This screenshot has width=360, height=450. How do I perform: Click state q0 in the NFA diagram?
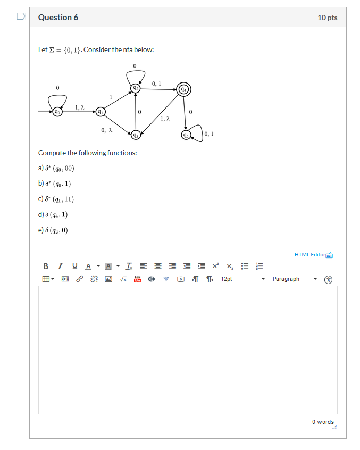point(56,112)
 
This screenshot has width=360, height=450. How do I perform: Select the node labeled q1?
point(99,112)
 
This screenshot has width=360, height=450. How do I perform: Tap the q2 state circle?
point(136,89)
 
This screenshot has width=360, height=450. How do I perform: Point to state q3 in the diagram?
point(136,135)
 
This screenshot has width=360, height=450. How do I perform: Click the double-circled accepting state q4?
point(183,89)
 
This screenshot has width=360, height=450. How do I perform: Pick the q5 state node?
point(185,135)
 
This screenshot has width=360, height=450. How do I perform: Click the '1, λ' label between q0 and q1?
point(79,107)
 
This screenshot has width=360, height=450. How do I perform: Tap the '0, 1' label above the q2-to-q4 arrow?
point(156,84)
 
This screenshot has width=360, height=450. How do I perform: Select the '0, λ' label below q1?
point(106,130)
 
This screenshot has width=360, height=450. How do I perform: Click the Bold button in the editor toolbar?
point(46,266)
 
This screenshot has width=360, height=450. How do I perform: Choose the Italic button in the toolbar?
point(60,266)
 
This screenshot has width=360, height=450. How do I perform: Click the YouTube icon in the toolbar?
point(137,279)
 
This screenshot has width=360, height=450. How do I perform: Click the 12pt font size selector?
point(242,279)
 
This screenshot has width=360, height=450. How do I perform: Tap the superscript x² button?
point(215,266)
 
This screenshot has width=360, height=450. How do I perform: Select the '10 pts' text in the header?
point(327,18)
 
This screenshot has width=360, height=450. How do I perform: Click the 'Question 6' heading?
point(58,18)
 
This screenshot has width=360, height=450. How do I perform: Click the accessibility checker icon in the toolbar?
point(329,279)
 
